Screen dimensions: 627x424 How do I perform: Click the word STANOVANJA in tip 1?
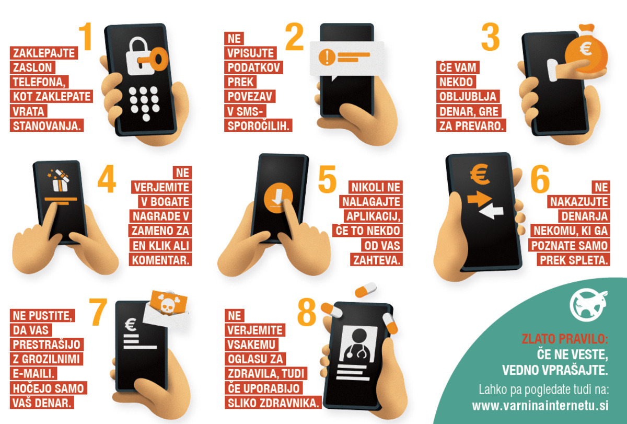(x=47, y=126)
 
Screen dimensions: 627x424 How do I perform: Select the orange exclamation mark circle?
(x=327, y=57)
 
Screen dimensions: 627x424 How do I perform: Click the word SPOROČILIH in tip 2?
(x=258, y=126)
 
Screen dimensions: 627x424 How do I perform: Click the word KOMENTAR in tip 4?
(x=160, y=260)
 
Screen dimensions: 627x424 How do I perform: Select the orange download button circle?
(x=278, y=198)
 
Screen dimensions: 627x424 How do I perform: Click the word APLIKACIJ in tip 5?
(x=374, y=216)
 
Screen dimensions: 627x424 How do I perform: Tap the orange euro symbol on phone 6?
(x=480, y=174)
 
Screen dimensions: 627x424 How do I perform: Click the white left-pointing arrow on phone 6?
(x=491, y=211)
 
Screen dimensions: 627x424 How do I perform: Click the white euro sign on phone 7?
(x=131, y=325)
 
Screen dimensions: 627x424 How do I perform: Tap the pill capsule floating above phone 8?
(x=366, y=290)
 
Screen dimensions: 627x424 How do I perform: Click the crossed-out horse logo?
(x=588, y=305)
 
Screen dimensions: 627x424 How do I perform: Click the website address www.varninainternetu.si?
(x=540, y=406)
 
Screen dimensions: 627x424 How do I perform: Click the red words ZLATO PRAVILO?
(x=565, y=339)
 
